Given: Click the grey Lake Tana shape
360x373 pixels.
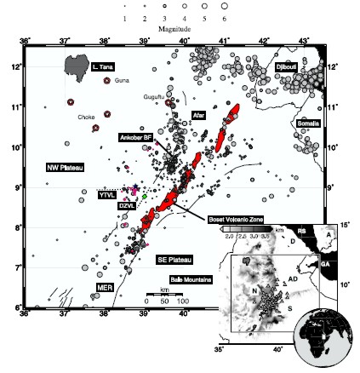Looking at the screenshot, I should [77, 64].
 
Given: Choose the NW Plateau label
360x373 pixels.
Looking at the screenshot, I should [64, 168].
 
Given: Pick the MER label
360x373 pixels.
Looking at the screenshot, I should [105, 288].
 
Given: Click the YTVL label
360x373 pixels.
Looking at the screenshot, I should [106, 194].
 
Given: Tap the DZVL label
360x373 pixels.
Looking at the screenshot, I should [126, 206].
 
